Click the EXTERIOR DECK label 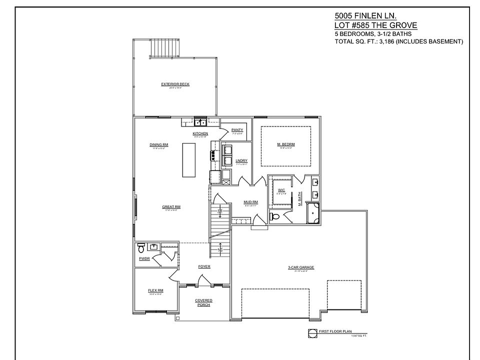click(175, 84)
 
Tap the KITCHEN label click(200, 133)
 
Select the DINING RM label click(158, 145)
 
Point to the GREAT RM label click(171, 206)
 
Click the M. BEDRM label click(286, 144)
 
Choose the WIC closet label click(281, 190)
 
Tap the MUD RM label click(250, 202)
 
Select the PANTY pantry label click(237, 130)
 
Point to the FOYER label click(204, 266)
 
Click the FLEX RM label click(155, 290)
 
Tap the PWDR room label click(144, 258)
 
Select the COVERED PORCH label click(204, 302)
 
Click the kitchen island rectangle click(188, 159)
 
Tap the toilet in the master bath click(275, 216)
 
